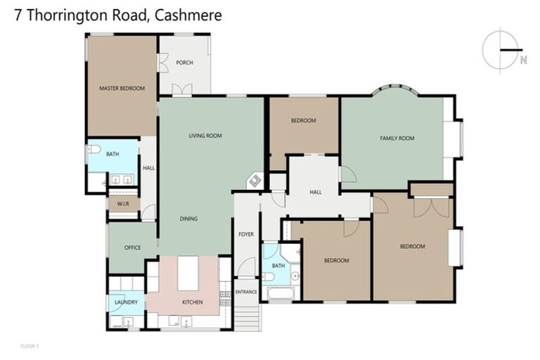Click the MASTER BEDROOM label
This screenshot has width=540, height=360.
tap(122, 88)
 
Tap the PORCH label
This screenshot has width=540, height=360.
tap(184, 63)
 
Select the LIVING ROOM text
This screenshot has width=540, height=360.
tap(205, 136)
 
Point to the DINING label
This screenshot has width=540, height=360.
tap(188, 219)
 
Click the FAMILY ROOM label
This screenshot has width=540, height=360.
tap(397, 139)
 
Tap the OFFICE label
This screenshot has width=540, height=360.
tap(132, 247)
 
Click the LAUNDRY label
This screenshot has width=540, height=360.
tap(126, 302)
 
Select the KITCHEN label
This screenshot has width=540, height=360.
tap(192, 302)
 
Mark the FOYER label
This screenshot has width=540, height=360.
tap(245, 234)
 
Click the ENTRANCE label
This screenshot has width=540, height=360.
tap(246, 291)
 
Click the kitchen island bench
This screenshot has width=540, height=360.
tap(188, 273)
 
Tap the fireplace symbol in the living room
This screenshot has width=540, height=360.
tap(254, 181)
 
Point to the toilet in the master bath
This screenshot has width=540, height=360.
tap(92, 149)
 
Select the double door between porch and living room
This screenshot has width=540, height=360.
tap(183, 90)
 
